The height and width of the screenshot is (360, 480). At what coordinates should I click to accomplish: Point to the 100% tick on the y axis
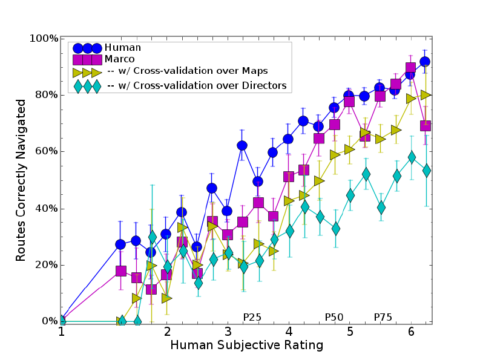tap(43, 39)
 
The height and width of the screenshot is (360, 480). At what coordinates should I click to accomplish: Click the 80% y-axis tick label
tap(45, 95)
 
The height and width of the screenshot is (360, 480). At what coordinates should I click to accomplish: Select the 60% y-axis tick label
tap(45, 152)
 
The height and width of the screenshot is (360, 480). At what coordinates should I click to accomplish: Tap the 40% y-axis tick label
tap(45, 209)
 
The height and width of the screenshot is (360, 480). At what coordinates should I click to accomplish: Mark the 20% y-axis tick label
tap(45, 265)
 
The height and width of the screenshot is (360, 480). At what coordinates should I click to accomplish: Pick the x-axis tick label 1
tap(61, 333)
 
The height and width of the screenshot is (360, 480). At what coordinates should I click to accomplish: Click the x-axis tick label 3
tap(228, 333)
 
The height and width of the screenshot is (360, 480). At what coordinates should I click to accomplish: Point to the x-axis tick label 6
tap(411, 333)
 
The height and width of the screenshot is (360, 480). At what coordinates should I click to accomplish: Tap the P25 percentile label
tap(252, 316)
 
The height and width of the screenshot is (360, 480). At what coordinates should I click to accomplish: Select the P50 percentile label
tap(334, 316)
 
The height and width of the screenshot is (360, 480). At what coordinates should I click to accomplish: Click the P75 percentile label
tap(383, 316)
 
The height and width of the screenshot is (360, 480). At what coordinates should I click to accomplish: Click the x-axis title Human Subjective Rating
tap(246, 345)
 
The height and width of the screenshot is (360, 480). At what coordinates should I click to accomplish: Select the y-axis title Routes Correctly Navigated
tap(21, 180)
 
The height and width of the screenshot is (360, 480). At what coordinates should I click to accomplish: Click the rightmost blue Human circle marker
tap(425, 62)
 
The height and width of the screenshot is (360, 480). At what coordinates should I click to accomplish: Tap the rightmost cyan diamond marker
tap(426, 171)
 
